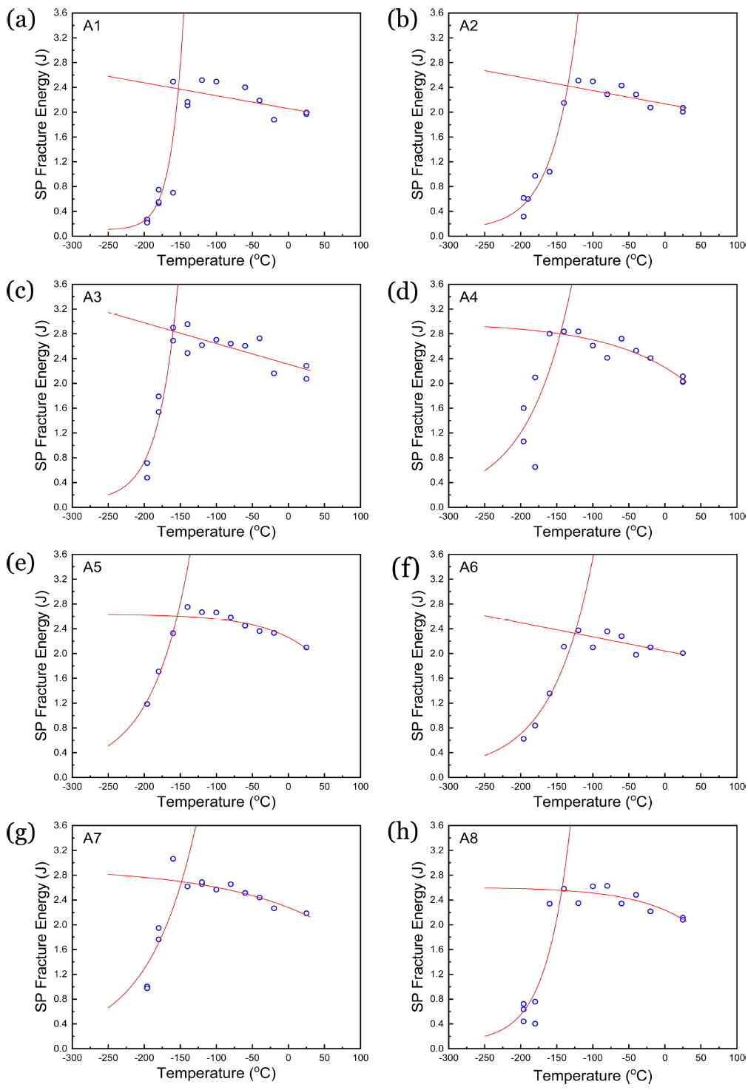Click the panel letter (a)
[x=21, y=19]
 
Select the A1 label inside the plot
[x=92, y=26]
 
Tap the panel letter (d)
[x=402, y=291]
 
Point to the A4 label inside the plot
[x=468, y=297]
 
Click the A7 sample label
[x=92, y=839]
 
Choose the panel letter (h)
[x=402, y=832]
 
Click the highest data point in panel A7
[x=173, y=859]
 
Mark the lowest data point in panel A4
[x=535, y=467]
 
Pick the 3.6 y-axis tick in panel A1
[x=61, y=13]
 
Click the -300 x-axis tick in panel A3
[x=72, y=516]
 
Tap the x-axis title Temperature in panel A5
[x=216, y=802]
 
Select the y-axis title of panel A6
[x=417, y=666]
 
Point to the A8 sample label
[x=468, y=839]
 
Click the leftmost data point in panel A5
[x=147, y=704]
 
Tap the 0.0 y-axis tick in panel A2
[x=437, y=236]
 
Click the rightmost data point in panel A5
[x=306, y=648]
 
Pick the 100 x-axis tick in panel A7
[x=360, y=1057]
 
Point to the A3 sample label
[x=92, y=297]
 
